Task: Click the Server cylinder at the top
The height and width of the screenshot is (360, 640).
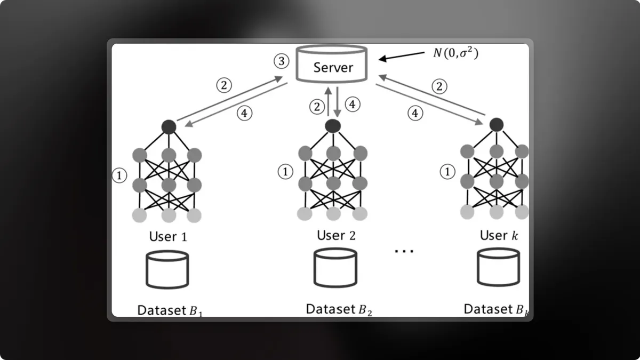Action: (333, 67)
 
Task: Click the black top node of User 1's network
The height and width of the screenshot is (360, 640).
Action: (169, 126)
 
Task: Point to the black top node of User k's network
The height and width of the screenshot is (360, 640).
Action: (497, 125)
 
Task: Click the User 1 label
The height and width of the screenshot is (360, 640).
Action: (168, 236)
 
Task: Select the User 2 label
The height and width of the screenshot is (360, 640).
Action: (336, 235)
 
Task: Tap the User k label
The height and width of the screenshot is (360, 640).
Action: (499, 235)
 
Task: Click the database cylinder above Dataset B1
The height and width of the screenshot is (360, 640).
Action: (167, 269)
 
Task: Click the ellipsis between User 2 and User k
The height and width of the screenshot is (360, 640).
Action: (404, 250)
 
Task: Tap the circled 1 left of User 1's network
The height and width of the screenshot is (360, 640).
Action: (120, 174)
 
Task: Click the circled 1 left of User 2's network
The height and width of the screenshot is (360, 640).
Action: (286, 172)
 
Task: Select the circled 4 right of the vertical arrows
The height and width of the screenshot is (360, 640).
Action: (351, 105)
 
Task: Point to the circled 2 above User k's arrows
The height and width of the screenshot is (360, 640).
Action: (439, 86)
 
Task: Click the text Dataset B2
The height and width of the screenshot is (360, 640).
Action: (339, 309)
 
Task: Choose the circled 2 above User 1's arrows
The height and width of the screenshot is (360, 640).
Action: (224, 85)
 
